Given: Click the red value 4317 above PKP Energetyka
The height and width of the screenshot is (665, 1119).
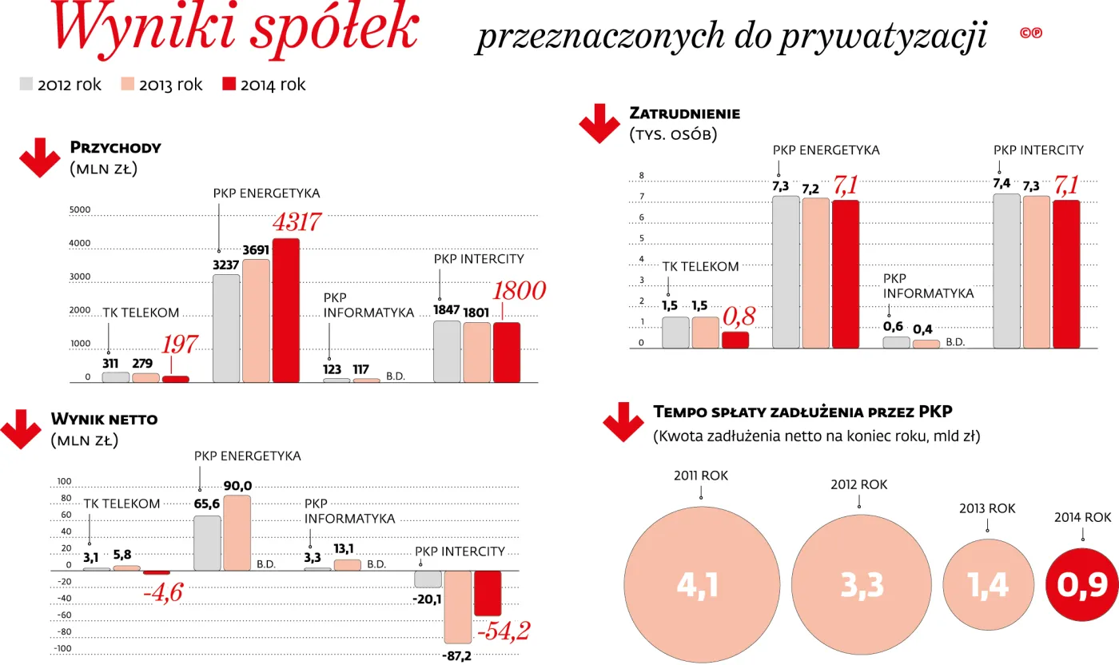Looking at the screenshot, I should (297, 222).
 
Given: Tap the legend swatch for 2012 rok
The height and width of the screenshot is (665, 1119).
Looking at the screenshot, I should (26, 85).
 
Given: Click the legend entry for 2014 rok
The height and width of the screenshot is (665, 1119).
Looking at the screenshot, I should (263, 85).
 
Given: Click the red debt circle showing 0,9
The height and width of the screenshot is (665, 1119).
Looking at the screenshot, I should (1082, 586).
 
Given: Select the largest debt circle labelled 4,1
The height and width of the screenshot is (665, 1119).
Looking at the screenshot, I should (701, 586).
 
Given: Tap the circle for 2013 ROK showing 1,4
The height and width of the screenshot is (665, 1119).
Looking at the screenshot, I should (987, 586).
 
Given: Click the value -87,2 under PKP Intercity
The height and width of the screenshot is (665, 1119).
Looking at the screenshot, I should (456, 655).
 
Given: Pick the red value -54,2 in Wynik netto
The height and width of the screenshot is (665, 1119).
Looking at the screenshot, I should (503, 631).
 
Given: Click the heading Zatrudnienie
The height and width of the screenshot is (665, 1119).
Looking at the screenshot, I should (684, 113).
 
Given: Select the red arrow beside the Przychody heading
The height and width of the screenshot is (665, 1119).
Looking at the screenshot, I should (40, 157).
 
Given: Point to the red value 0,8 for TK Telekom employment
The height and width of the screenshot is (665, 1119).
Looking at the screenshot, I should (739, 316).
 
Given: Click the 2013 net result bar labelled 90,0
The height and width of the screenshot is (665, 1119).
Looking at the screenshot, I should (237, 532).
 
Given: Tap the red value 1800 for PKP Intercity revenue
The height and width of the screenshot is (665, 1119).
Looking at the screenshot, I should (519, 291).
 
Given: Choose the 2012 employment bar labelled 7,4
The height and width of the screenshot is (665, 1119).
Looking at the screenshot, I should (1006, 271).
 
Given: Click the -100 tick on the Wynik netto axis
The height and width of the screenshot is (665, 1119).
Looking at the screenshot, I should (63, 647).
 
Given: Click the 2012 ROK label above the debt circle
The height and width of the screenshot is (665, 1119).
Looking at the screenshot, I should (858, 484).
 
